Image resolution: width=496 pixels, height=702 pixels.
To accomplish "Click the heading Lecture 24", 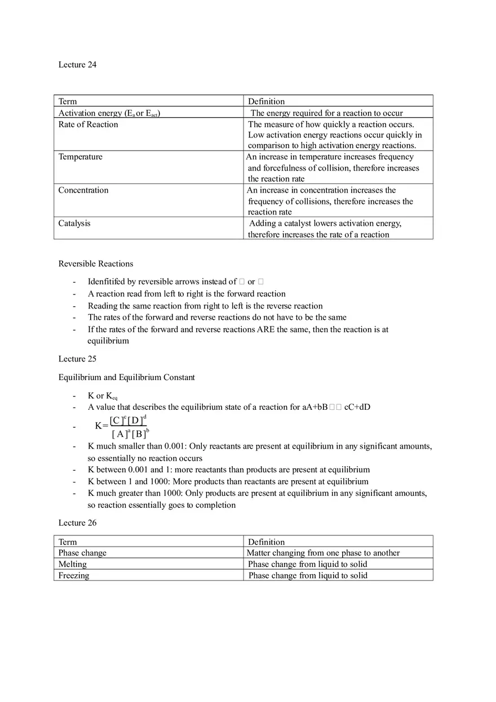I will pyautogui.click(x=77, y=65).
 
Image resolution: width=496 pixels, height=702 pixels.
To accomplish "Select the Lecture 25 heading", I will pyautogui.click(x=77, y=359).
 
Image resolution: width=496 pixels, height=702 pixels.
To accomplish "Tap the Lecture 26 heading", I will pyautogui.click(x=77, y=523).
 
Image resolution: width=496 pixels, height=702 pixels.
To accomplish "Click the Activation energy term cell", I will pyautogui.click(x=109, y=113).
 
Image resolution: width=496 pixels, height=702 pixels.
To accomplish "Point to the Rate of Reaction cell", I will pyautogui.click(x=88, y=124).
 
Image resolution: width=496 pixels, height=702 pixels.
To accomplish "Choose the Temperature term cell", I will pyautogui.click(x=81, y=157).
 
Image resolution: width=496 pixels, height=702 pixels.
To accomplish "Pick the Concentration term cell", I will pyautogui.click(x=83, y=190).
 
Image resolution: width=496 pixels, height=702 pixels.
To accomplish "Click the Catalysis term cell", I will pyautogui.click(x=74, y=223).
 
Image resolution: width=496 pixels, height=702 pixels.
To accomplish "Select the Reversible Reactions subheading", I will pyautogui.click(x=96, y=263).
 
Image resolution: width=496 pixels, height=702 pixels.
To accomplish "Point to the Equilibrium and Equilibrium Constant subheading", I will pyautogui.click(x=127, y=377).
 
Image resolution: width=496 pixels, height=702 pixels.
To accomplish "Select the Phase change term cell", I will pyautogui.click(x=82, y=553).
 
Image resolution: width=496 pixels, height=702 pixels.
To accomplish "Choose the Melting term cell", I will pyautogui.click(x=73, y=564).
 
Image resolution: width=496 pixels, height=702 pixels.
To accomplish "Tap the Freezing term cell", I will pyautogui.click(x=74, y=575).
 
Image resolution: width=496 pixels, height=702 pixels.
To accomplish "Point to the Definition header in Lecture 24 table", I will pyautogui.click(x=267, y=101).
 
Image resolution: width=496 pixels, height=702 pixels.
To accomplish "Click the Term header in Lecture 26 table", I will pyautogui.click(x=68, y=542).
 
